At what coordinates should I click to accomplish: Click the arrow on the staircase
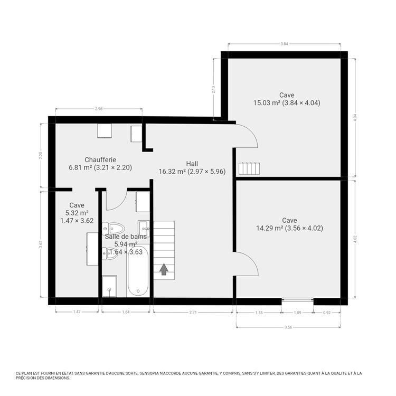pyautogui.click(x=164, y=269)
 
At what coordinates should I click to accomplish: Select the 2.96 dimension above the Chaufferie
pyautogui.click(x=98, y=109)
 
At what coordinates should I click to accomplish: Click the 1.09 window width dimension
pyautogui.click(x=297, y=313)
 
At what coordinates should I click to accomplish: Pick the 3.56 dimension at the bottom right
pyautogui.click(x=288, y=327)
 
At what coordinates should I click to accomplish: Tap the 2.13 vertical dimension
pyautogui.click(x=213, y=89)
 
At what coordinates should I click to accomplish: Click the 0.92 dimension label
pyautogui.click(x=327, y=313)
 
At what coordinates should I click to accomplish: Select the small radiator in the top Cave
pyautogui.click(x=249, y=168)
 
